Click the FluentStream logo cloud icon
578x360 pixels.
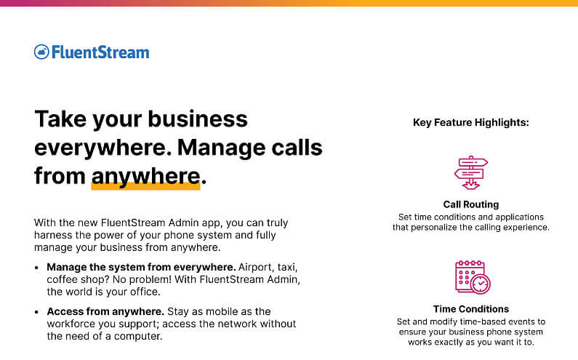[x=41, y=52]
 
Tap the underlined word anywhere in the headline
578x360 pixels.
[x=145, y=176]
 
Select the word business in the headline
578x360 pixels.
[x=198, y=119]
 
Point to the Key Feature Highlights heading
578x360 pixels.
[x=470, y=122]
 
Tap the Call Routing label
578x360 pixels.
[x=470, y=204]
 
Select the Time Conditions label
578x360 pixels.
[x=470, y=308]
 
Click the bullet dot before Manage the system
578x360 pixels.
[x=37, y=268]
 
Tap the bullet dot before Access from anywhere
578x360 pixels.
[x=37, y=312]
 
